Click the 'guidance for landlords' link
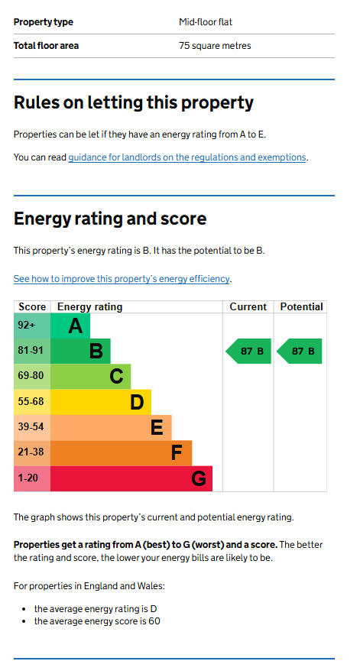click(x=187, y=157)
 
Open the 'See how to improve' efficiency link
click(x=122, y=279)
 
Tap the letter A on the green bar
click(x=76, y=326)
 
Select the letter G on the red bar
click(x=199, y=478)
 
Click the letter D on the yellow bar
click(x=137, y=402)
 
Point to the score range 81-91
click(x=31, y=351)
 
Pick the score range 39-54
click(x=31, y=427)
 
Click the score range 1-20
click(x=28, y=478)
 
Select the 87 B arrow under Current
click(x=248, y=352)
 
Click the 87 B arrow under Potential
click(x=300, y=352)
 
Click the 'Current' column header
click(x=248, y=307)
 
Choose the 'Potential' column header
click(x=301, y=307)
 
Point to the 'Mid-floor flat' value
click(x=206, y=22)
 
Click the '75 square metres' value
click(x=215, y=46)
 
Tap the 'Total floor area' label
click(x=46, y=46)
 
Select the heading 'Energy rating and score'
click(x=110, y=219)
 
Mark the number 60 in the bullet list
click(x=154, y=621)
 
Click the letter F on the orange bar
click(x=177, y=453)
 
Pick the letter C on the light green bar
click(x=116, y=377)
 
